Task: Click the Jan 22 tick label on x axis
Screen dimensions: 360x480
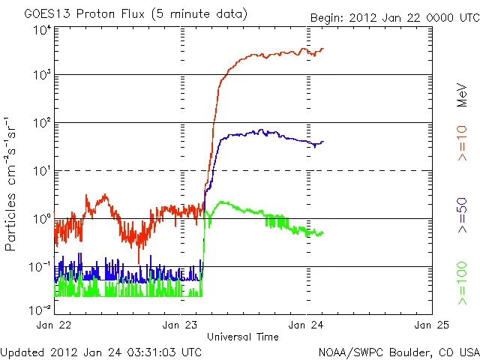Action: (x=55, y=325)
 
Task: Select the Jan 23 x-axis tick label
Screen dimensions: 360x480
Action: (x=181, y=325)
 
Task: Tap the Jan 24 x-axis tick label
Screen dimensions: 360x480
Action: (x=307, y=325)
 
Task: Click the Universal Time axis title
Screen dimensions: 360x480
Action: (x=243, y=337)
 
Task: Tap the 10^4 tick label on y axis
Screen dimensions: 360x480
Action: (x=41, y=30)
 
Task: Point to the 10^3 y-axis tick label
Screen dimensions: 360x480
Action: (x=41, y=75)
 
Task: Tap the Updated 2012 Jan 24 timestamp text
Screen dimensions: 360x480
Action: (x=101, y=351)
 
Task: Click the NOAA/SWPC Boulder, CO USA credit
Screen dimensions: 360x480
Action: (x=398, y=351)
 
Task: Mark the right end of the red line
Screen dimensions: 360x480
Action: (x=323, y=49)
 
